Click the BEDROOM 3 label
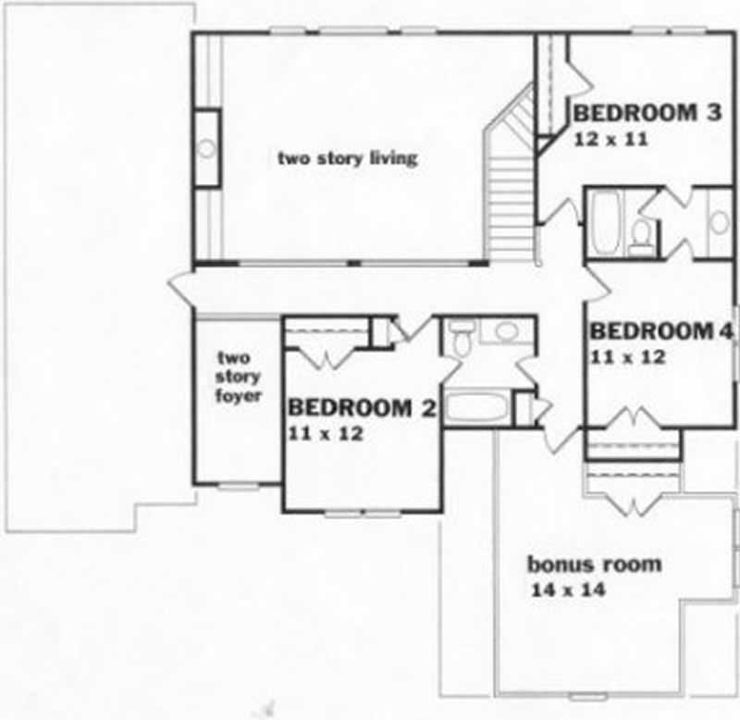coord(647,114)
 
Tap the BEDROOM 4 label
coord(662,331)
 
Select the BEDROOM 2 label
coord(362,407)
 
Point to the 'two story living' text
coord(348,157)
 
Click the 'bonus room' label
coord(594,564)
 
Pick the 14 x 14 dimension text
coord(568,590)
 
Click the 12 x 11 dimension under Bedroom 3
coord(609,140)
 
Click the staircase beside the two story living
coord(512,204)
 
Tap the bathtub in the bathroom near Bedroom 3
coord(607,222)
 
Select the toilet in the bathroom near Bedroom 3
coord(640,238)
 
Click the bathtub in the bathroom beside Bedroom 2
coord(477,408)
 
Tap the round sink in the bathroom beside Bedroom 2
coord(505,331)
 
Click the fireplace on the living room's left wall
coord(207,148)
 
